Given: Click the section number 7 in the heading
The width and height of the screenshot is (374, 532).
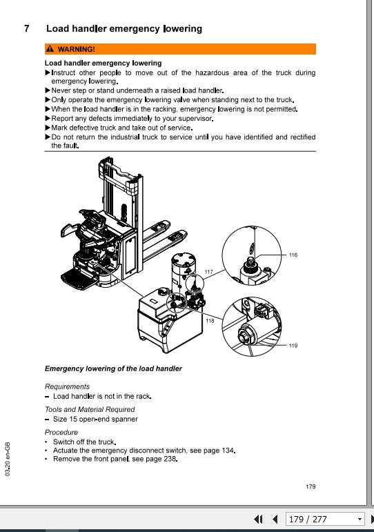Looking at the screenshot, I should (x=26, y=29).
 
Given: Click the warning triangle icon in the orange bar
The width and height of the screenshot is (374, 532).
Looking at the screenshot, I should (x=49, y=50).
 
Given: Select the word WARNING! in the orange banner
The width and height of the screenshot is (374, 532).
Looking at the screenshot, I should (x=76, y=50).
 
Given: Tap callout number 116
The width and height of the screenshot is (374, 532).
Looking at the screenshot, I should (x=293, y=255).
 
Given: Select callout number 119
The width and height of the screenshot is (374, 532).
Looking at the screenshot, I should (x=293, y=345).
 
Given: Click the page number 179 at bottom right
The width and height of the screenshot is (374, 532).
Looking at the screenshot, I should (x=310, y=487).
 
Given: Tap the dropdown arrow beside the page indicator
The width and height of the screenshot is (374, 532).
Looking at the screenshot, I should (x=360, y=520).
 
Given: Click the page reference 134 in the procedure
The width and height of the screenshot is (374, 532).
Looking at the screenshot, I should (x=228, y=451).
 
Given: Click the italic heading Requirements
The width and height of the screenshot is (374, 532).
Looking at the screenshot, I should (x=67, y=386).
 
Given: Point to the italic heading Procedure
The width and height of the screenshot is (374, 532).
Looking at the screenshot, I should (x=61, y=433).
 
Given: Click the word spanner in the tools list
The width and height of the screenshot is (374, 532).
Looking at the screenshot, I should (x=126, y=419).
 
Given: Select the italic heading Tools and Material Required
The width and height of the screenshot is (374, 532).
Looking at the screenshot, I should (x=90, y=409).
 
